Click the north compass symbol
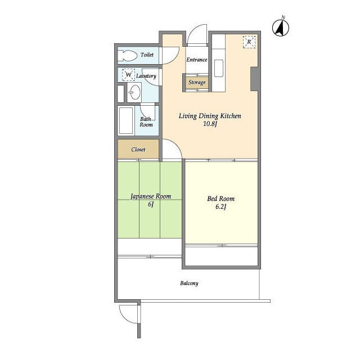coord(281,28)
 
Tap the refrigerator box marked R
coord(249,42)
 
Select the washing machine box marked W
coord(128,75)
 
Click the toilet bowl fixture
coord(128,55)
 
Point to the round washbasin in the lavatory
coord(135,92)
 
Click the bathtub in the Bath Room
coord(126,120)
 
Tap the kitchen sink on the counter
coord(219,68)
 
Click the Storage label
coord(197,82)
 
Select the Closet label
coord(138,150)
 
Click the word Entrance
coord(197,60)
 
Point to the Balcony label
coord(189,283)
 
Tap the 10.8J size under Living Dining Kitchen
coord(210,124)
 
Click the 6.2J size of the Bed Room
coord(221,206)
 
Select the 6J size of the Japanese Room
coord(151,204)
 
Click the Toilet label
coord(147,55)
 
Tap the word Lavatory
coord(146,76)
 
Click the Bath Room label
coord(146,122)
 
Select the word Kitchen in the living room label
coord(231,116)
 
